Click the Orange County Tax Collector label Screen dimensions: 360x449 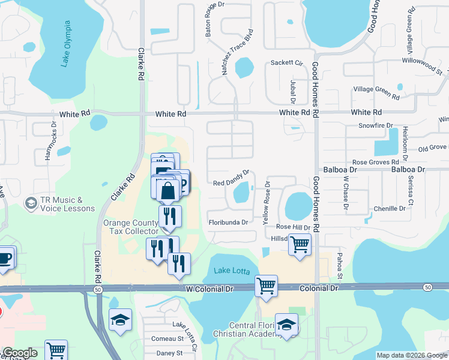(133, 226)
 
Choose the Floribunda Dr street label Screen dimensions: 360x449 (228, 223)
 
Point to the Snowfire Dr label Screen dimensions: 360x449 (375, 125)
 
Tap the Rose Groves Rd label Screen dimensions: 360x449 (376, 162)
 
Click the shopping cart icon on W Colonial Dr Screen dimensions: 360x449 (266, 286)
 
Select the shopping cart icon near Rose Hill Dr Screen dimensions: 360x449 (300, 244)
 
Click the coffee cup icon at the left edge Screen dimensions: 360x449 (5, 258)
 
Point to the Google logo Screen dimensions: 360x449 (20, 353)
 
